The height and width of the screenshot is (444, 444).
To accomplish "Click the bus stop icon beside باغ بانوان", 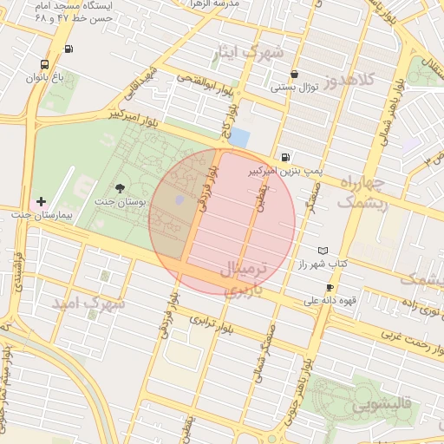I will [x=44, y=64].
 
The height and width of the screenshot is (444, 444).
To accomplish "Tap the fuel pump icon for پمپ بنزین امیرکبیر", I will [x=285, y=157].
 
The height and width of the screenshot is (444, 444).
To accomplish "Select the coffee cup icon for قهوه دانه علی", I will [x=330, y=288].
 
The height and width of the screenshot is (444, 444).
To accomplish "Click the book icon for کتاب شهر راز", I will [x=323, y=250].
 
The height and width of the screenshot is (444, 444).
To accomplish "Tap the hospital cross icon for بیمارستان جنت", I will [x=40, y=201].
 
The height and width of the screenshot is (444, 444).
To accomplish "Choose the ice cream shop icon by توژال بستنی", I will [x=295, y=75].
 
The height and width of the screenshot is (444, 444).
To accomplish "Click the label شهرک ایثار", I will [x=248, y=54].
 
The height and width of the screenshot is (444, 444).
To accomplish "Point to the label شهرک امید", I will [x=88, y=304].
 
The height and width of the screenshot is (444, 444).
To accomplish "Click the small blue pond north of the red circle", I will [x=238, y=137].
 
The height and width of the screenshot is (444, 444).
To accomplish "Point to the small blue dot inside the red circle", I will [x=180, y=201].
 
